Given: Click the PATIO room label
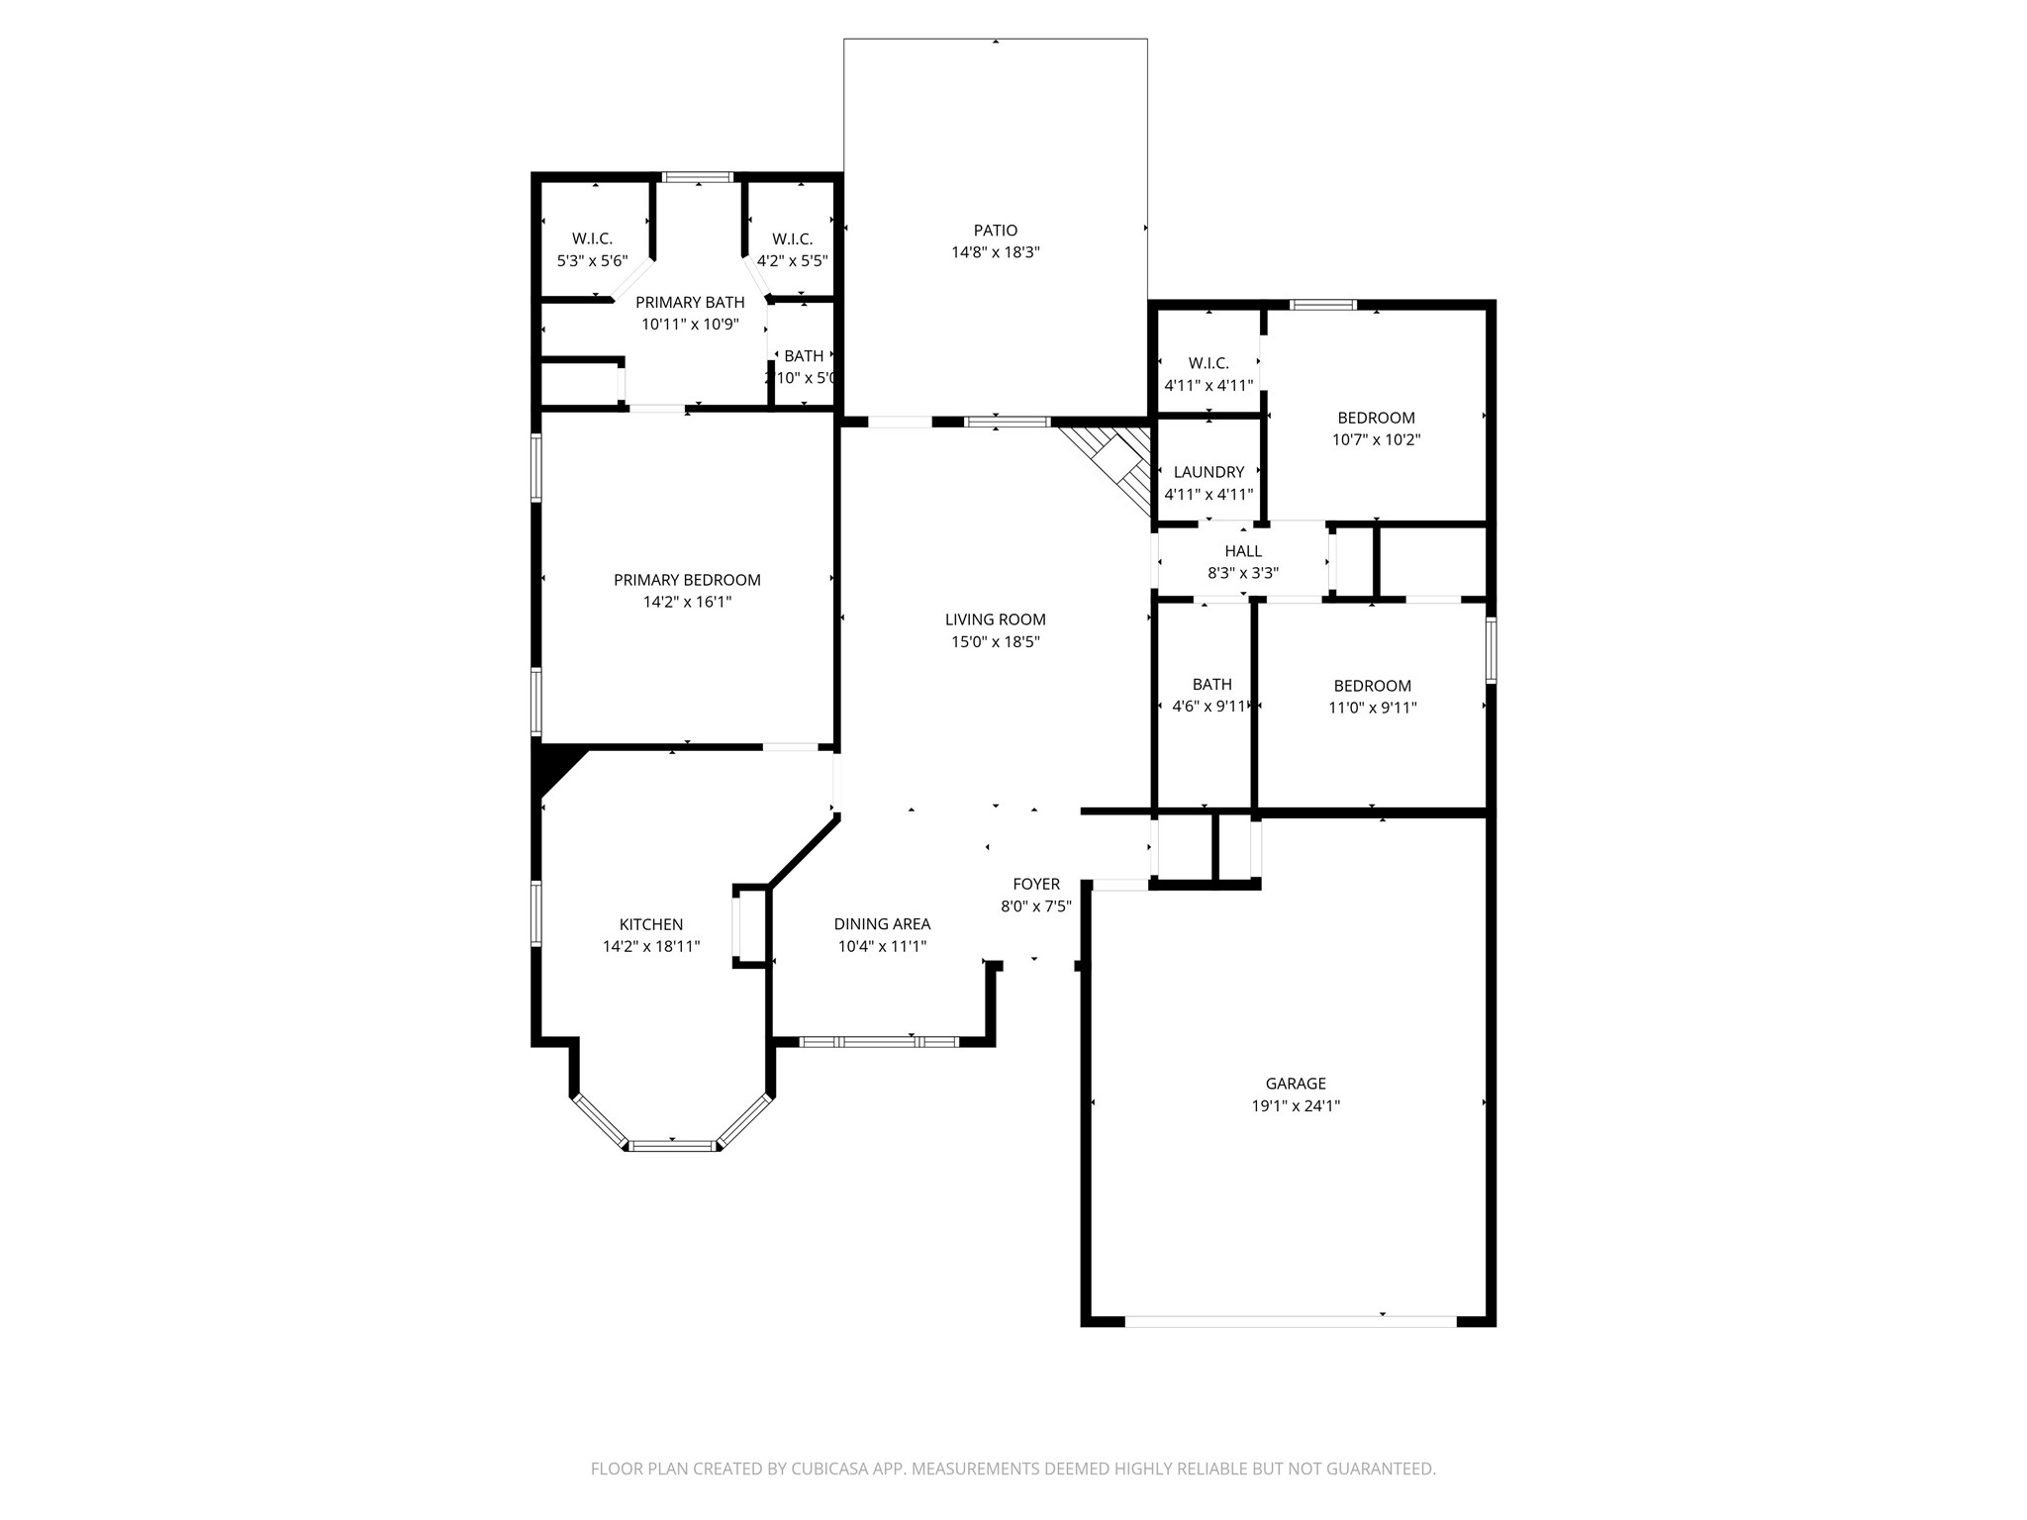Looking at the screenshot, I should [995, 231].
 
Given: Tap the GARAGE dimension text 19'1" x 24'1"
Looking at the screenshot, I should [1295, 1106].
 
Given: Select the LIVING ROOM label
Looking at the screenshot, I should [995, 619].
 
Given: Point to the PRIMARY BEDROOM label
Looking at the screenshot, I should [687, 580].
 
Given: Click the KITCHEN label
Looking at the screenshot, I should [650, 924].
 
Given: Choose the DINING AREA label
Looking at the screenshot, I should [881, 924].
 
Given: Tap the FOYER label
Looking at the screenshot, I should [1035, 884].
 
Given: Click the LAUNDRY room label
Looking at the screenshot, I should [1207, 472].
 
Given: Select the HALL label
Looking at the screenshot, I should [1242, 551].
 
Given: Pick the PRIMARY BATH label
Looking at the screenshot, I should [689, 303].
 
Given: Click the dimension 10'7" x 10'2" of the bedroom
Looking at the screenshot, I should [1376, 439].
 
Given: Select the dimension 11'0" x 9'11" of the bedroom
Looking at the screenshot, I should [1372, 708].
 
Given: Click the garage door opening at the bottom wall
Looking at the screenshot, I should [1290, 1321].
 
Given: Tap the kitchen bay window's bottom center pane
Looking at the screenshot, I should [673, 1146].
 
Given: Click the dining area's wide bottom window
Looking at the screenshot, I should [879, 1041].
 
